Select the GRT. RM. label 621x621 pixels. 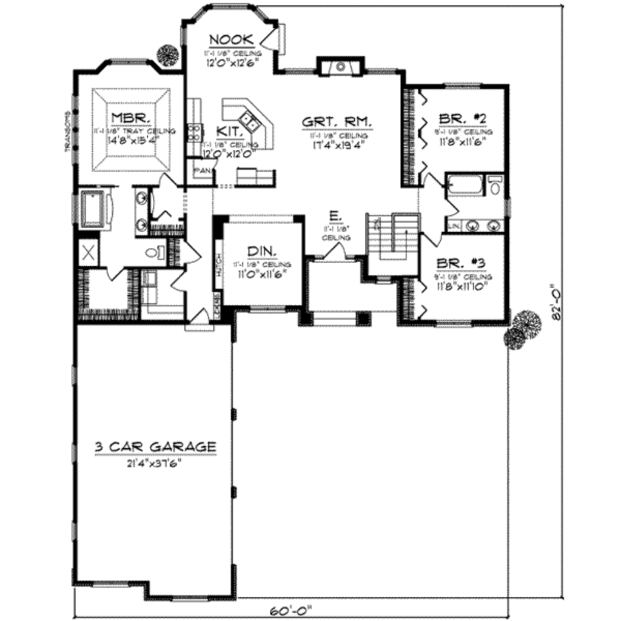[x=337, y=121]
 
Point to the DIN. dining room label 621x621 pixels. [x=262, y=251]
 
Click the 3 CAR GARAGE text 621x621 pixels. [x=155, y=447]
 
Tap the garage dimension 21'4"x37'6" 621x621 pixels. [x=155, y=462]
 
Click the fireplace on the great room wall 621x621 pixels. [x=340, y=66]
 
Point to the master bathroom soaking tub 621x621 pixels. [x=93, y=209]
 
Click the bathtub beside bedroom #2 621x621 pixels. [x=465, y=184]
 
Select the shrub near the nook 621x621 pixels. [x=167, y=56]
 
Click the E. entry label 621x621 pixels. [x=334, y=215]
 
